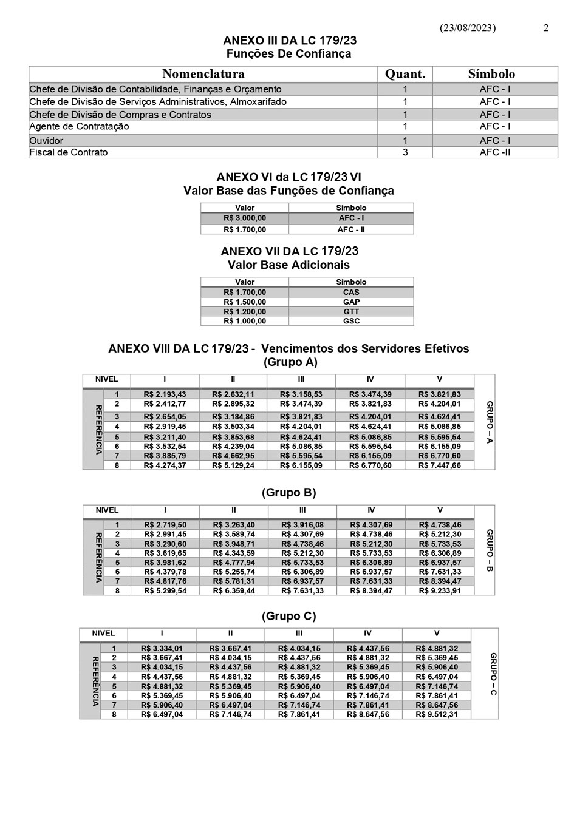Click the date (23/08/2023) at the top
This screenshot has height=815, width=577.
[x=467, y=28]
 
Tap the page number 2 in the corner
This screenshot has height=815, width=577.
[x=546, y=28]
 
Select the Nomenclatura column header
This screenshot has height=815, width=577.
[x=203, y=74]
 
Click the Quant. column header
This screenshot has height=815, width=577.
[x=405, y=74]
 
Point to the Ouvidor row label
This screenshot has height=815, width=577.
[x=46, y=140]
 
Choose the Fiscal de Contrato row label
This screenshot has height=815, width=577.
[x=69, y=152]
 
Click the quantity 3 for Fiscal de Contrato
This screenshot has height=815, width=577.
[x=405, y=152]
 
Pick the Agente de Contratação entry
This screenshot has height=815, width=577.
[x=79, y=127]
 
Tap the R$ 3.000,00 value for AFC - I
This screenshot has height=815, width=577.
[x=245, y=218]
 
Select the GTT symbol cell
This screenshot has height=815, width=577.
[x=351, y=311]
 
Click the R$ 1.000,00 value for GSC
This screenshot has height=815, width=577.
[x=245, y=321]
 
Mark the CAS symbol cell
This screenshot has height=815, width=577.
[x=351, y=292]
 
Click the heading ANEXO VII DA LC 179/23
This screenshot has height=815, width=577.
[x=289, y=251]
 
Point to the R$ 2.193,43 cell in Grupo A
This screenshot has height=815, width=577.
[x=165, y=394]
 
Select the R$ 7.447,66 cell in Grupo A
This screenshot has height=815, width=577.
[x=440, y=465]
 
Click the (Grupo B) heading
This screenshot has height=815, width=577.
[x=289, y=493]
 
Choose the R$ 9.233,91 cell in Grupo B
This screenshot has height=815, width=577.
[x=440, y=590]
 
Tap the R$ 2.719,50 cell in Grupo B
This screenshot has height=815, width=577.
[x=165, y=525]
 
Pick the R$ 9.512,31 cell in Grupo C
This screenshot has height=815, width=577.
[x=437, y=714]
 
